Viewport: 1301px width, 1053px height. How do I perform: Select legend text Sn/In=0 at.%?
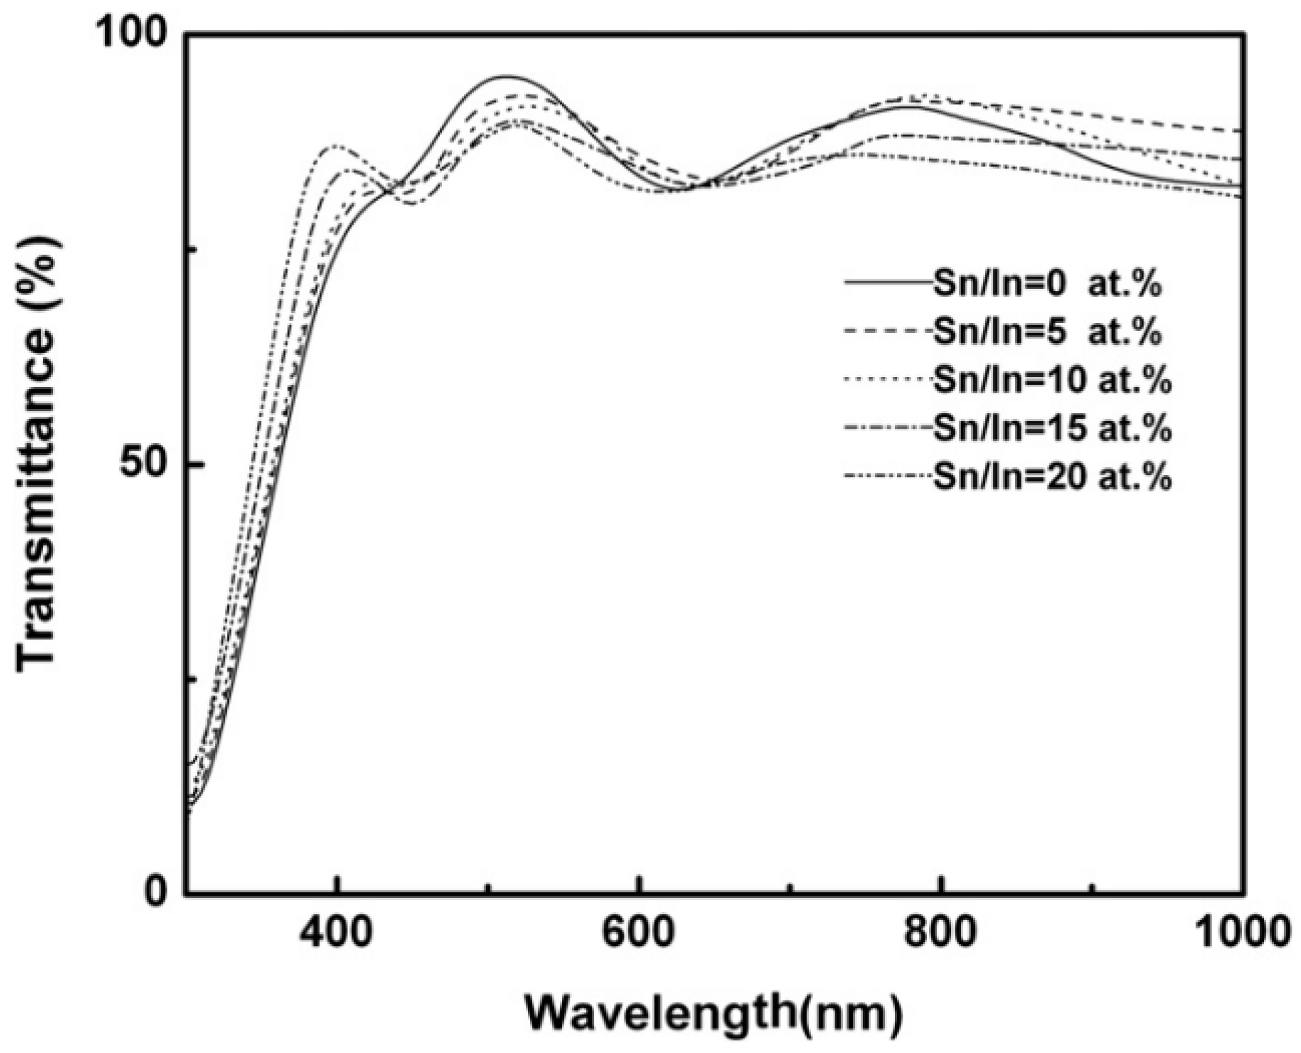tap(1047, 285)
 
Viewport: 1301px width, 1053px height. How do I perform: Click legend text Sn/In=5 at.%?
tap(1047, 332)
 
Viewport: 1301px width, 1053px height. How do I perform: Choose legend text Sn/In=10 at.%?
tap(1052, 381)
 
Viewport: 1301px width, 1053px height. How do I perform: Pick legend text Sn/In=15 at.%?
tap(1052, 428)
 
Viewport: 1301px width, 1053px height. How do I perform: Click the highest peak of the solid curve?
tap(505, 77)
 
